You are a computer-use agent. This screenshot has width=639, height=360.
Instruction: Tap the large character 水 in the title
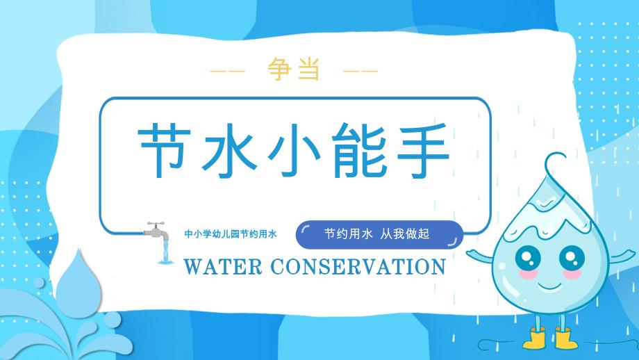(x=229, y=150)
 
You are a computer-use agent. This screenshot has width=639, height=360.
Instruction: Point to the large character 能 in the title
(x=358, y=150)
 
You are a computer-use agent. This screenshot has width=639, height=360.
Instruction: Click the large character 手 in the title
(x=423, y=150)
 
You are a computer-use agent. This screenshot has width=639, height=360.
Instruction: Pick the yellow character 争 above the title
(x=279, y=69)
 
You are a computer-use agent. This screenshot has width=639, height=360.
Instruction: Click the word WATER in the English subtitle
(x=222, y=267)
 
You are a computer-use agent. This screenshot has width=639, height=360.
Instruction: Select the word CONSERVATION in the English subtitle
(x=358, y=267)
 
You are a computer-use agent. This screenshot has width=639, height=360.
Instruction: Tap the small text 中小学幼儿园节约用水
(x=231, y=234)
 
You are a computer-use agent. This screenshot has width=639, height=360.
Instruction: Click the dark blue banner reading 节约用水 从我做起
(x=379, y=234)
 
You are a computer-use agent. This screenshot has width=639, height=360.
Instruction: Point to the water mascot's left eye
(x=528, y=258)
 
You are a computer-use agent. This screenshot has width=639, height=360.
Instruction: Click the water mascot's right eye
(x=572, y=258)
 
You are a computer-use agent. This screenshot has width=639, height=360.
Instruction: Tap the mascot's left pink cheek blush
(x=528, y=275)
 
